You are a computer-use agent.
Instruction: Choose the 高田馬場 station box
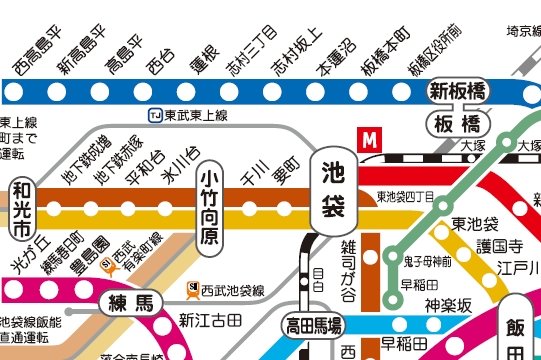pyautogui.click(x=313, y=324)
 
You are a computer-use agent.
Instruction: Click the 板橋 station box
pyautogui.click(x=458, y=124)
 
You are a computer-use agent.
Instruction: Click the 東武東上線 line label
pyautogui.click(x=191, y=115)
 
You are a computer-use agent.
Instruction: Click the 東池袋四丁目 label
pyautogui.click(x=405, y=197)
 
